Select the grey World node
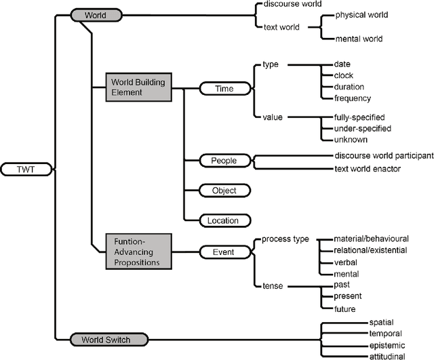tap(96, 14)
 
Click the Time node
tap(224, 87)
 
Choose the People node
tap(224, 161)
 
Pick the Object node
tap(224, 191)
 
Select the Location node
tap(224, 220)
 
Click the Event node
tap(224, 252)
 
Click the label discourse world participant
tap(384, 155)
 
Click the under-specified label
tap(363, 128)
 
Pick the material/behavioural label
tap(371, 239)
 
